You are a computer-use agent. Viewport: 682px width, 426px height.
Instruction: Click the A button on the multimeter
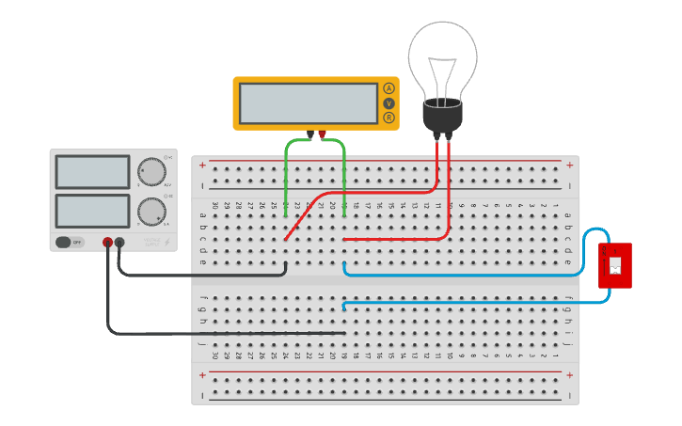coord(389,88)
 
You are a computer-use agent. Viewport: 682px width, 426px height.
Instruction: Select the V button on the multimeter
coord(389,103)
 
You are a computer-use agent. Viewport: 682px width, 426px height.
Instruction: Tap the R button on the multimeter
coord(389,118)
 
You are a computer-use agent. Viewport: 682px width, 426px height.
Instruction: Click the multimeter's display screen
coord(309,103)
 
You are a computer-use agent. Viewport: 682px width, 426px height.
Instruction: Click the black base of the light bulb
coord(442,116)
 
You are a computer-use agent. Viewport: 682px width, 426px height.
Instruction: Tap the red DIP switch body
coord(615,266)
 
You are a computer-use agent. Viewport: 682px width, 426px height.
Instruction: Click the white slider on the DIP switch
coord(615,266)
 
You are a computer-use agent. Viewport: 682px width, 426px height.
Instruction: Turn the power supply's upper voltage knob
coord(151,172)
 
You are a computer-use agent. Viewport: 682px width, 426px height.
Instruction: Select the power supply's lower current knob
coord(151,211)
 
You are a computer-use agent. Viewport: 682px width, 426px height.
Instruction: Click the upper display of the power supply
coord(92,172)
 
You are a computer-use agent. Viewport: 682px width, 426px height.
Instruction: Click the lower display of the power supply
coord(92,211)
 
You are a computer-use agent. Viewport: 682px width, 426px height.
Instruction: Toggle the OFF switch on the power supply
coord(69,242)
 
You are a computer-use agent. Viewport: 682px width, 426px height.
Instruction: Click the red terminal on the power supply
coord(107,243)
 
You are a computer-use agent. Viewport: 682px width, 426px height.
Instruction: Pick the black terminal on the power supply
coord(119,243)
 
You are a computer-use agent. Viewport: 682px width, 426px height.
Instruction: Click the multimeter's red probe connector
coord(322,135)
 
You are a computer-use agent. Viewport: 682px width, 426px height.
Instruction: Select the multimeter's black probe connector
coord(309,135)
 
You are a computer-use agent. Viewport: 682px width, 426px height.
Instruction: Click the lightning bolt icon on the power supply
coord(167,243)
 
